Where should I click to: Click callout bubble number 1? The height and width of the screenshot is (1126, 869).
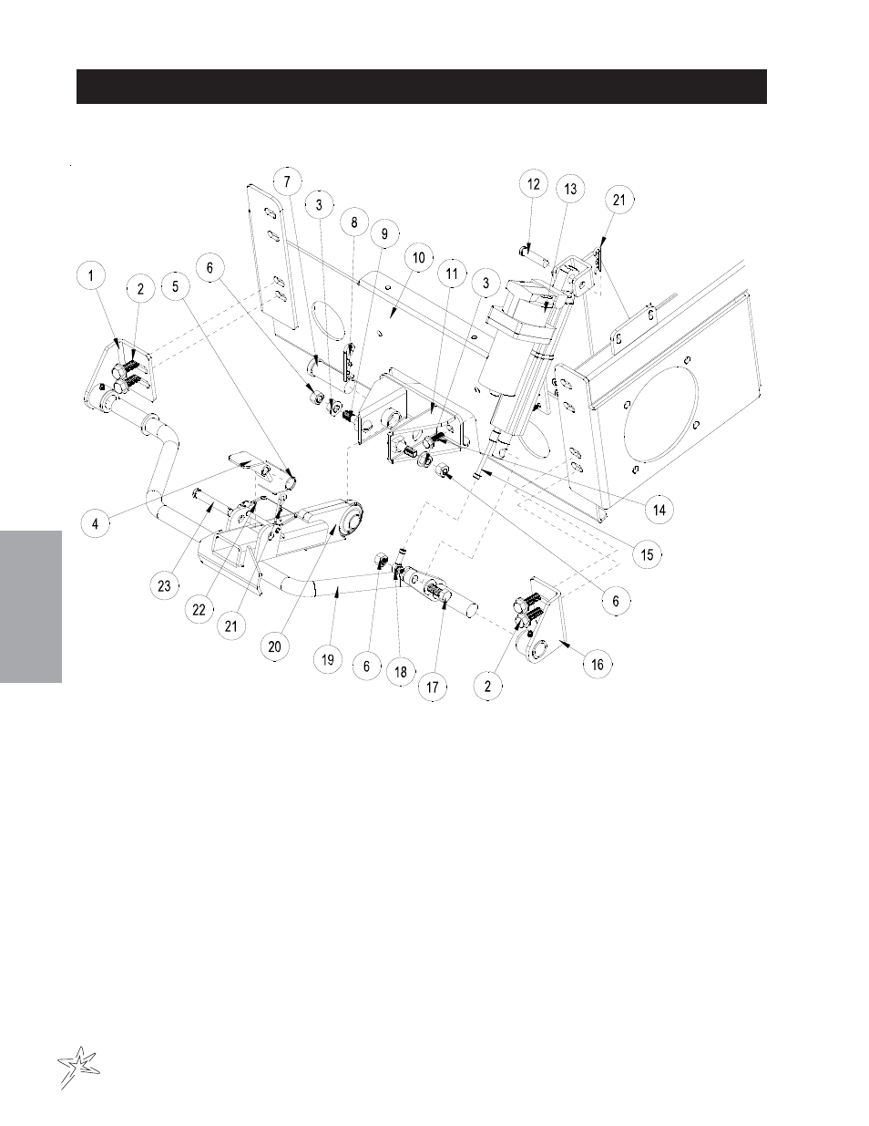[91, 275]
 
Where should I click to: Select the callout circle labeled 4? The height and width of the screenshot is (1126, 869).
[96, 523]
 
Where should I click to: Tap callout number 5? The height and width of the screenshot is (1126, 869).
[176, 286]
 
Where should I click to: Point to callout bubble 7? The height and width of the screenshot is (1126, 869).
[287, 181]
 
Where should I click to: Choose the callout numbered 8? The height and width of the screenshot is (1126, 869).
[354, 222]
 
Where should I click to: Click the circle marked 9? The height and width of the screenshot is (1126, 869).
[384, 233]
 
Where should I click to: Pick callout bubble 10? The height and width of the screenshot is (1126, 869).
[419, 257]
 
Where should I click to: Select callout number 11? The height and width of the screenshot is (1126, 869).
[452, 274]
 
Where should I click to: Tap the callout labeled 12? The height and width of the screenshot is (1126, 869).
[534, 184]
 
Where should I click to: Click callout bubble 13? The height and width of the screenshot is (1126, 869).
[570, 189]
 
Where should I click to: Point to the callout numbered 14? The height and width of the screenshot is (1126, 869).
[659, 510]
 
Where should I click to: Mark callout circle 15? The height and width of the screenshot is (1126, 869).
[648, 555]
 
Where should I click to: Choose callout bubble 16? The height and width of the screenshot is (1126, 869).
[598, 665]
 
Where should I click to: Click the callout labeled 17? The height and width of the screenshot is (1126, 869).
[432, 687]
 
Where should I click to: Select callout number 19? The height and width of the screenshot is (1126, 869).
[328, 659]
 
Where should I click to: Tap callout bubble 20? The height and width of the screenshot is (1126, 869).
[275, 646]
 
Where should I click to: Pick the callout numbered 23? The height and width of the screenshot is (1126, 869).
[164, 586]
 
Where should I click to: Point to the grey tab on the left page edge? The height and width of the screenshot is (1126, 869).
[31, 606]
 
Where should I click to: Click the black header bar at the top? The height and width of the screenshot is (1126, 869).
[422, 87]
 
